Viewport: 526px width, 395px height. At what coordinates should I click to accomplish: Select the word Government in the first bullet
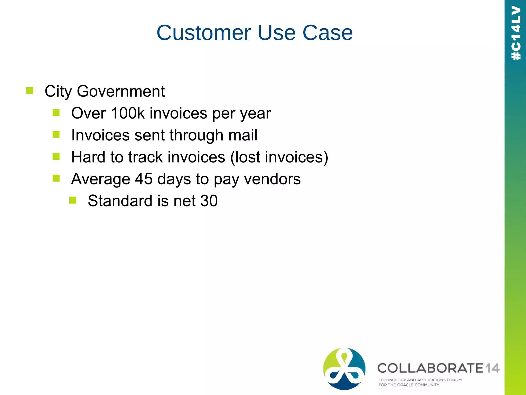[121, 91]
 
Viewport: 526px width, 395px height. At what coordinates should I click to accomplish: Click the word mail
[243, 135]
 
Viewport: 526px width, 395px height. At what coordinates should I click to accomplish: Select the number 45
[144, 179]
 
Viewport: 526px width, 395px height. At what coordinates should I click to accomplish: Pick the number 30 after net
[209, 201]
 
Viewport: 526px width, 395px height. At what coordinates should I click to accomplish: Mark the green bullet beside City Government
[30, 91]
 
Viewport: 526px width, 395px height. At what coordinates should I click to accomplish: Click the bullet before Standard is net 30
[73, 200]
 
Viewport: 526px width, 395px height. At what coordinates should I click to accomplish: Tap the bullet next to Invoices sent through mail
[56, 134]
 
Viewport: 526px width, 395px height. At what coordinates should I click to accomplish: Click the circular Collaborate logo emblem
[344, 369]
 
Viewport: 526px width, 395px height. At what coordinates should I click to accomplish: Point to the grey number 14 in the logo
[492, 368]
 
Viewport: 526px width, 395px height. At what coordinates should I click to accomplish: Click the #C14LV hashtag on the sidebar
[516, 33]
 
